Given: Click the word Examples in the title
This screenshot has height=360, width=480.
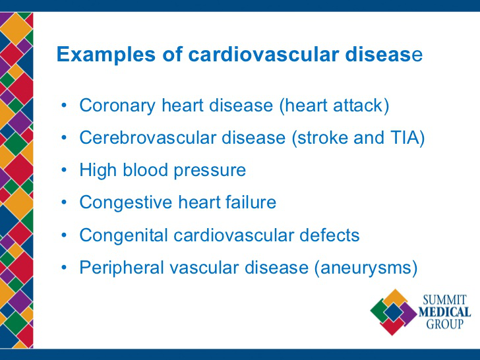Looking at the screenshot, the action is pyautogui.click(x=106, y=55).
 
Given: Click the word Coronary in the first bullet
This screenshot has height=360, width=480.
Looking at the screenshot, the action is pyautogui.click(x=117, y=106).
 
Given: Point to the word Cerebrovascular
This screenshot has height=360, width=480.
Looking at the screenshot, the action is pyautogui.click(x=148, y=137).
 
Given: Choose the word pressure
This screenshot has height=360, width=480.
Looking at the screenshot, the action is pyautogui.click(x=210, y=171).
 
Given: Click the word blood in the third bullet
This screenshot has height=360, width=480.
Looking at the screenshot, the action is pyautogui.click(x=145, y=169).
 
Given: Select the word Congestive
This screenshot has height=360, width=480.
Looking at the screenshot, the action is pyautogui.click(x=126, y=203).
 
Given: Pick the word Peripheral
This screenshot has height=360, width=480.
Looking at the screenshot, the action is pyautogui.click(x=121, y=268).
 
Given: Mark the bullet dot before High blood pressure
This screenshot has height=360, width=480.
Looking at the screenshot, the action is pyautogui.click(x=64, y=169).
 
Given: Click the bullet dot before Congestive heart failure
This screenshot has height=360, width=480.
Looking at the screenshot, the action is pyautogui.click(x=64, y=202).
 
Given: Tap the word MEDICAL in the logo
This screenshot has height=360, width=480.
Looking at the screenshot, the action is pyautogui.click(x=444, y=313).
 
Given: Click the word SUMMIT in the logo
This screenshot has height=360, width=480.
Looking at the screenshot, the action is pyautogui.click(x=445, y=300).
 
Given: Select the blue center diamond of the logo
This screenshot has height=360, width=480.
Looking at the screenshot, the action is pyautogui.click(x=394, y=313).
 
